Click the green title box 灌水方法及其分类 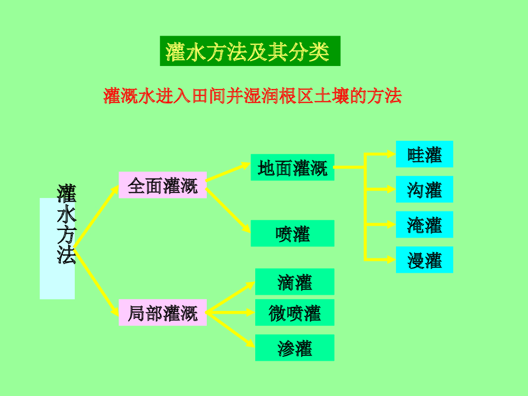coord(250,51)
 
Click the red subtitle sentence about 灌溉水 coord(253,96)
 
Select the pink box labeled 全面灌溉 coord(162,185)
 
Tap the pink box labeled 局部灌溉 coord(162,312)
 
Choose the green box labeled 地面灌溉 coord(292,168)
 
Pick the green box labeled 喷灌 coord(292,234)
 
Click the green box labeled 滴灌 coord(294,282)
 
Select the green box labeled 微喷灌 coord(294,312)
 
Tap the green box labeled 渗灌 coord(294,348)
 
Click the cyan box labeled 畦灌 coord(424,154)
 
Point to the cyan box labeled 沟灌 coord(424,189)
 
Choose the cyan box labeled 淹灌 coord(424,224)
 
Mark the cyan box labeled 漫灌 coord(424,260)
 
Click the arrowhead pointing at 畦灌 coord(391,154)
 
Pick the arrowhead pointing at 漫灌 coord(391,259)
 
